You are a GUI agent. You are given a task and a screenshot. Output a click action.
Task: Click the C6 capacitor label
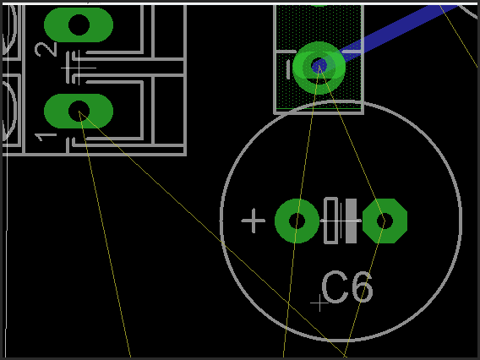click(x=347, y=287)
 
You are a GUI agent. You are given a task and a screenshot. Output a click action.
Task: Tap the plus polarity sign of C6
click(x=254, y=221)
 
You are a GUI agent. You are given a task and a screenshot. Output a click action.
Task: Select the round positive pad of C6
click(x=297, y=221)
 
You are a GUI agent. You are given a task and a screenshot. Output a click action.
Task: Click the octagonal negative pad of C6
click(x=385, y=221)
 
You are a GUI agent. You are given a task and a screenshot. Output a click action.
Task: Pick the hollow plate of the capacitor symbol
click(x=331, y=221)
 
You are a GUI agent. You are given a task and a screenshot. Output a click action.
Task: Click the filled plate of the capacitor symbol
click(x=351, y=221)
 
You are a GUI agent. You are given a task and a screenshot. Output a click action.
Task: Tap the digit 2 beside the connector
click(x=46, y=49)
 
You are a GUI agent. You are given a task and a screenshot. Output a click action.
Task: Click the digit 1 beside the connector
click(x=46, y=137)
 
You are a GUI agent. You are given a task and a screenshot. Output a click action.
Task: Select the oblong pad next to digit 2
click(x=79, y=25)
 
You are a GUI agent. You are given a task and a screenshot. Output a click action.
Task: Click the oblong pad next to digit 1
click(x=79, y=111)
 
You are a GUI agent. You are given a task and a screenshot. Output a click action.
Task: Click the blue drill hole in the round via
click(x=319, y=66)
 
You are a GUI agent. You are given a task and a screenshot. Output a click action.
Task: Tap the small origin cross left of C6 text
click(x=319, y=303)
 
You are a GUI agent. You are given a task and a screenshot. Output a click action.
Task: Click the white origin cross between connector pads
click(x=79, y=68)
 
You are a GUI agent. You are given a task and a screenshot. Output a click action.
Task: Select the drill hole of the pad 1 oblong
click(x=79, y=111)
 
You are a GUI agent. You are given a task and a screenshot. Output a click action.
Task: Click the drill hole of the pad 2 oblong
click(x=79, y=25)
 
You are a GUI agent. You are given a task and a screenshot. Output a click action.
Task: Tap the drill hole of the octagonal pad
click(x=385, y=221)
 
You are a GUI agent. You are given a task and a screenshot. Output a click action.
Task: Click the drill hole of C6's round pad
click(x=297, y=221)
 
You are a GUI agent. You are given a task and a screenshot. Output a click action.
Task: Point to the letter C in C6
click(x=335, y=287)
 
